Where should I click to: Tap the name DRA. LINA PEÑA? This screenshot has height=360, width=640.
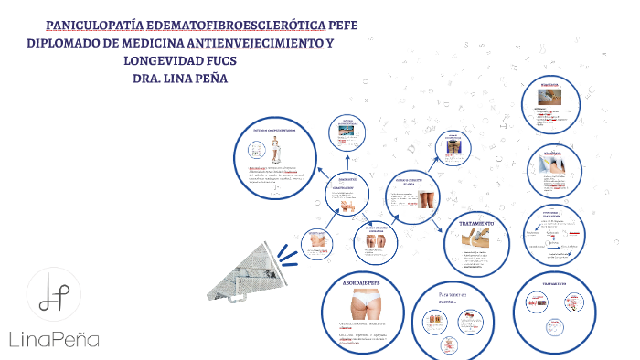180,79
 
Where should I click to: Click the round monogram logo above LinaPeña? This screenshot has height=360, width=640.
54,296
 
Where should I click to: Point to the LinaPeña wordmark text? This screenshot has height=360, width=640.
54,339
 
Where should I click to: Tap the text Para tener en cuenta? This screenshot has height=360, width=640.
452,301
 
